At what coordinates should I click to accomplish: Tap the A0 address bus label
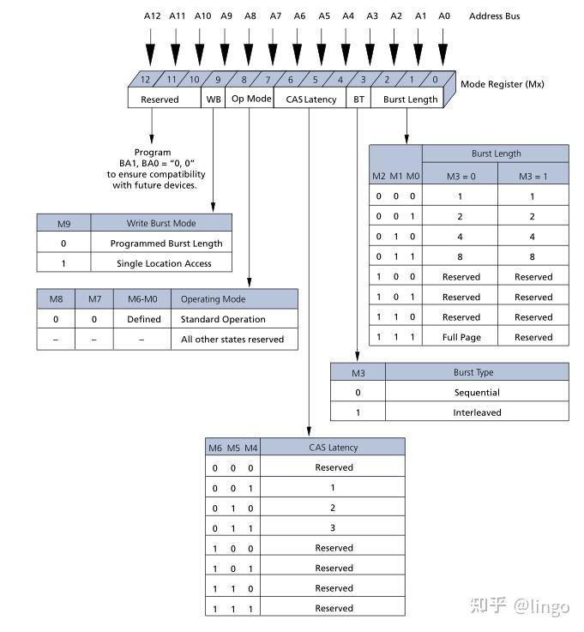443,16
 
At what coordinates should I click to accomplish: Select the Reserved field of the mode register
160,99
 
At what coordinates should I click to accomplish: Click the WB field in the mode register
214,99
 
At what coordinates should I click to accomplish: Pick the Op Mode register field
251,99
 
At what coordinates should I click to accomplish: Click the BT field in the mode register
358,99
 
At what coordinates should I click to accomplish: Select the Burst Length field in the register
410,99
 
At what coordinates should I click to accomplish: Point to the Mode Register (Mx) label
502,84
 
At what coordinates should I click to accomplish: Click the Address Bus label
494,16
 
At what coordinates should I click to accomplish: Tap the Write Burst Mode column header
161,223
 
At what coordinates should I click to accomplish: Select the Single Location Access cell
164,263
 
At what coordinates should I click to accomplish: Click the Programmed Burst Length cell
166,244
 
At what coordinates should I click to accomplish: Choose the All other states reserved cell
232,340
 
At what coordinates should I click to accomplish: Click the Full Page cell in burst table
461,337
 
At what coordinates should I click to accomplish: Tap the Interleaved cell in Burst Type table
478,412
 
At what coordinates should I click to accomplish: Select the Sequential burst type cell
477,392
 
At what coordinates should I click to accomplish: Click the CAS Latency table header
333,447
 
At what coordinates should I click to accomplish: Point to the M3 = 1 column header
533,176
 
